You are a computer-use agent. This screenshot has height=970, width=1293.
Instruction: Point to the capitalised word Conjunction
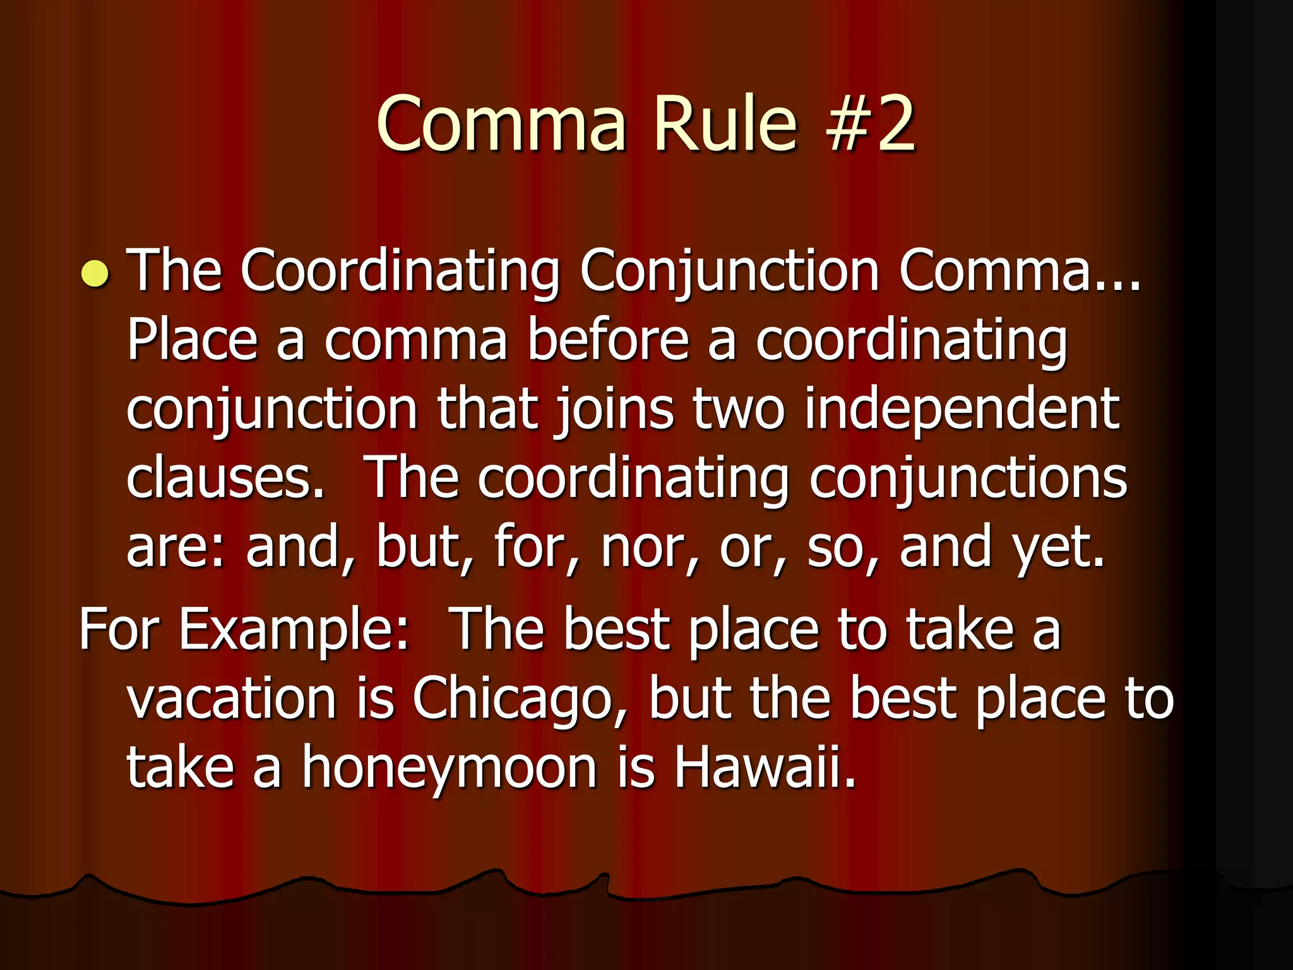point(729,272)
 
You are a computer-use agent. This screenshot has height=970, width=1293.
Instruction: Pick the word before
point(608,341)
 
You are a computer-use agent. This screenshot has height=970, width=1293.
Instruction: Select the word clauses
point(225,478)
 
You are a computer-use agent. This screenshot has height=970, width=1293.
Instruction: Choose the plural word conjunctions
point(968,478)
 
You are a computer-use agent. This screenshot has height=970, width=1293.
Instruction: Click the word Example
point(294,630)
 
